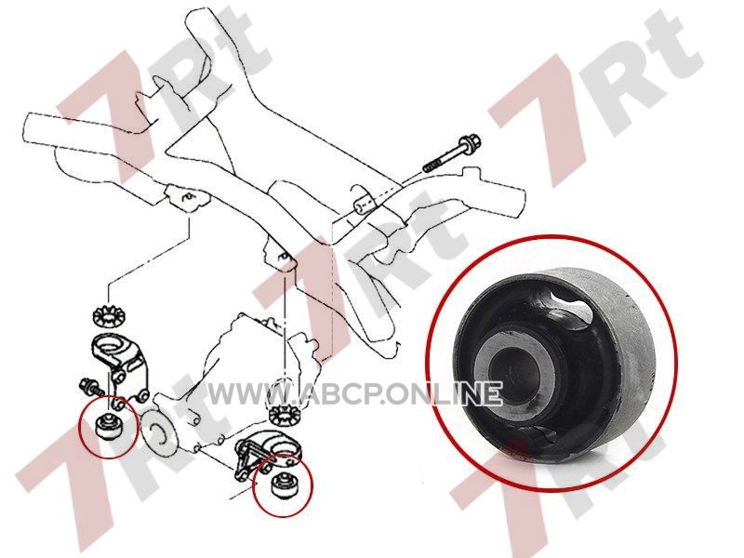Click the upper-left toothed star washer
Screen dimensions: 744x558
pyautogui.click(x=108, y=316)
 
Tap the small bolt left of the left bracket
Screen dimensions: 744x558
pyautogui.click(x=91, y=386)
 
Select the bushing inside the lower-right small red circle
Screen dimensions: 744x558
pyautogui.click(x=284, y=485)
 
